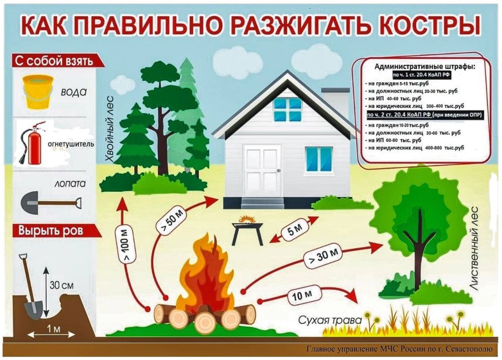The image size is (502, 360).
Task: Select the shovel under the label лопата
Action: point(51,203)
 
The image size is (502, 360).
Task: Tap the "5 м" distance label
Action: point(295,229)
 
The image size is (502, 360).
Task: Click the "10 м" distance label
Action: point(302,295)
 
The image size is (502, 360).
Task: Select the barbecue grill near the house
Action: point(248,229)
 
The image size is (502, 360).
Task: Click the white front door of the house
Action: point(263,172)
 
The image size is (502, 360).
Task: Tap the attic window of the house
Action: point(288,110)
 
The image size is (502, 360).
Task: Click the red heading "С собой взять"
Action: point(54,61)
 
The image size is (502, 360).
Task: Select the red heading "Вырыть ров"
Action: point(51,231)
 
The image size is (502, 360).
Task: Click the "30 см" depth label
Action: point(61,285)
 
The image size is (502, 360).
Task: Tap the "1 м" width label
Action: point(54,328)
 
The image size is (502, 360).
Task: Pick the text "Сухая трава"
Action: point(330,320)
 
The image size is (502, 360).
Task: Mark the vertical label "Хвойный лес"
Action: point(110,140)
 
